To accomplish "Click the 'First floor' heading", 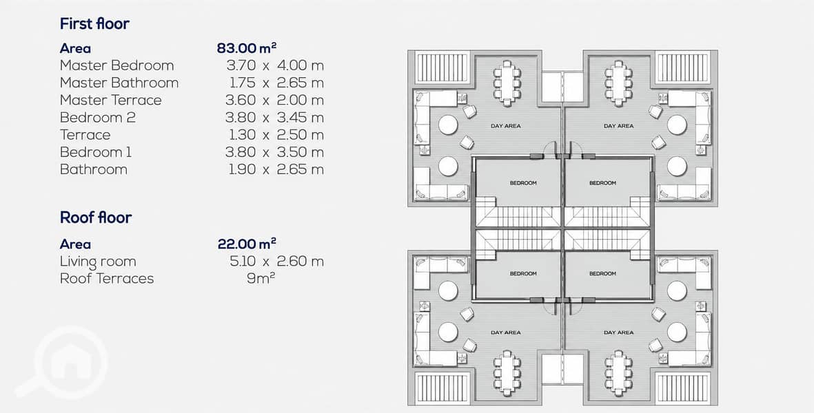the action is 94,24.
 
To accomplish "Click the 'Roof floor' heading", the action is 96,218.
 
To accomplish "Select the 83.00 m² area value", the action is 247,48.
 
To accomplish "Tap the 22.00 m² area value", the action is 247,244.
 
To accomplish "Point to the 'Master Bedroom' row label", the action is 116,66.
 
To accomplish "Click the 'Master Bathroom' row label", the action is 119,83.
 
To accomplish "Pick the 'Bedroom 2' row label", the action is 98,118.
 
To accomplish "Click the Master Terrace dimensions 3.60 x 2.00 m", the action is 274,100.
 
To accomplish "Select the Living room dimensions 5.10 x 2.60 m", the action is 276,261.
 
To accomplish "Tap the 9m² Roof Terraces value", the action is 261,278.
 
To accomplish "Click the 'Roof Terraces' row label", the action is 107,279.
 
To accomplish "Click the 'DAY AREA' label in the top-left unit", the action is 506,126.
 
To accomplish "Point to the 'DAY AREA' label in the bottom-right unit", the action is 618,332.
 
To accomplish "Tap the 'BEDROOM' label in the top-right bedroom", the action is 602,183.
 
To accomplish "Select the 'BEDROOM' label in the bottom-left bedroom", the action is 523,273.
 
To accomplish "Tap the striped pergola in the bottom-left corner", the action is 442,388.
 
